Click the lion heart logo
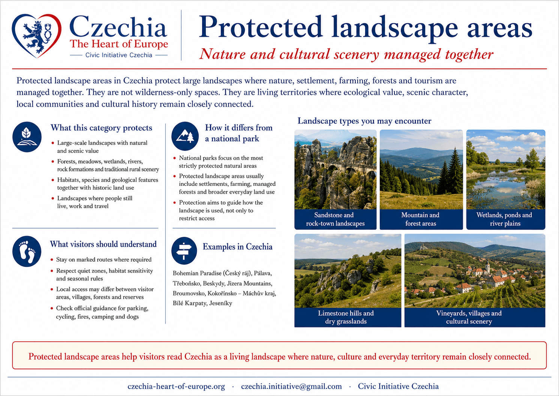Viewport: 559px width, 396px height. pos(36,36)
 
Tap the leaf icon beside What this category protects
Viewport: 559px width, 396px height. pos(27,137)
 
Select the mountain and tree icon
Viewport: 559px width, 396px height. pos(185,136)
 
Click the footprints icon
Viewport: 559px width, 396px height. pos(27,251)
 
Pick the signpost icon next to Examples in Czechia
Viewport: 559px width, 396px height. pos(184,251)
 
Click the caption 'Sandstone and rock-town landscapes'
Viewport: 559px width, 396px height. pos(335,219)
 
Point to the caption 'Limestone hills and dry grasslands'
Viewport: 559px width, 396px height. pos(346,317)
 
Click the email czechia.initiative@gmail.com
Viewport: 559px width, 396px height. pos(291,386)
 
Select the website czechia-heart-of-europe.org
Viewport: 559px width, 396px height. pos(176,387)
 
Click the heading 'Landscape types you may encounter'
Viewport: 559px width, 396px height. pos(364,121)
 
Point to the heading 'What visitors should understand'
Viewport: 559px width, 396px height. pos(103,244)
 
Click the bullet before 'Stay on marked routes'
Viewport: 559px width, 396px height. pos(52,260)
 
